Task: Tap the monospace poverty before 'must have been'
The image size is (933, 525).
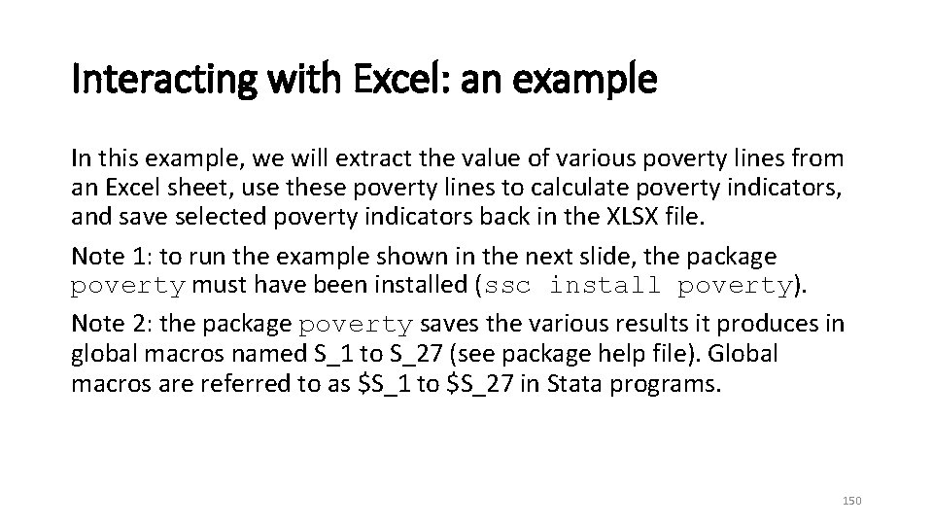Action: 128,286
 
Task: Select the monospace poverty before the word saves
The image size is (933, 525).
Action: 357,325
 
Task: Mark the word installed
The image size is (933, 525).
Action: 433,286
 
